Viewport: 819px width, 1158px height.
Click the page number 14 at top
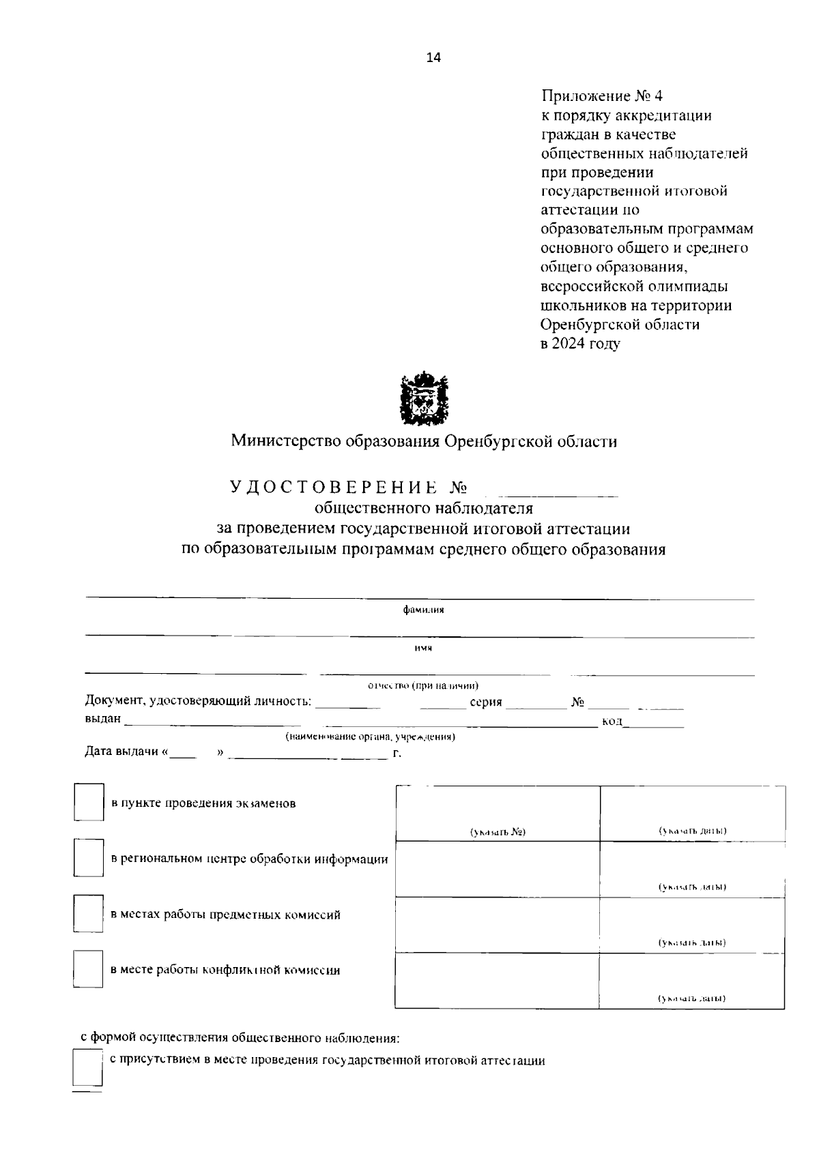click(433, 58)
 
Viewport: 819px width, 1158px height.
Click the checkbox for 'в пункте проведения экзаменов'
click(89, 802)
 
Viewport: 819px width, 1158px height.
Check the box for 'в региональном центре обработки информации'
click(89, 858)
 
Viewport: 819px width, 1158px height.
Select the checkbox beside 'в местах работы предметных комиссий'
click(89, 913)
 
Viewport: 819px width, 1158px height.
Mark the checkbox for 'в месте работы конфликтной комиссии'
click(89, 969)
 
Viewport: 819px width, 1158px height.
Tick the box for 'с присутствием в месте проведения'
click(87, 1067)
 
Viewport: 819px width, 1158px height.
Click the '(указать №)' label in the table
click(498, 831)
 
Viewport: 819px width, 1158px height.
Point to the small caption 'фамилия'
click(423, 610)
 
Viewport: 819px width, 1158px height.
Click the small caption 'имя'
click(423, 648)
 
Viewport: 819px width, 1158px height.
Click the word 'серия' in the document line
click(486, 702)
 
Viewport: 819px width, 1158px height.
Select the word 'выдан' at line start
click(102, 718)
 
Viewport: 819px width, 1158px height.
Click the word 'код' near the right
click(612, 722)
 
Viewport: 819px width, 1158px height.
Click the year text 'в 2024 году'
click(580, 343)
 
